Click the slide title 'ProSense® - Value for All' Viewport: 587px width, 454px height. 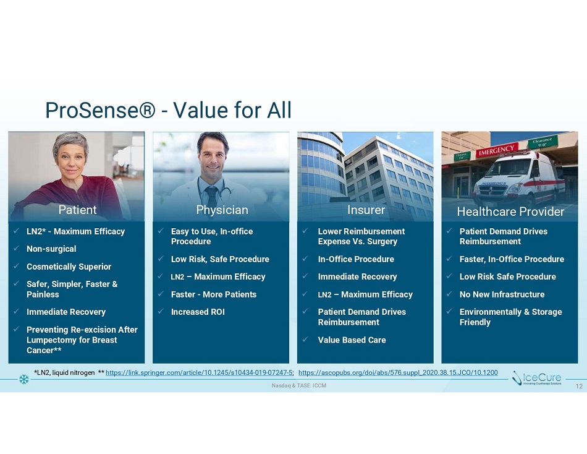[168, 110]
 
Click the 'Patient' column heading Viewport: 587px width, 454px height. [77, 210]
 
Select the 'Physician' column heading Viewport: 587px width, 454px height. [222, 210]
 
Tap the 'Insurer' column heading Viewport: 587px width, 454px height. [366, 210]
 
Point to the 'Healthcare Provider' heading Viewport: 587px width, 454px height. [510, 212]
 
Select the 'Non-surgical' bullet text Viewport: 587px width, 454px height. [51, 249]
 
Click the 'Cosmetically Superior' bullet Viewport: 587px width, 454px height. [69, 267]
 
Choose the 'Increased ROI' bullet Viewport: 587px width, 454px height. [198, 312]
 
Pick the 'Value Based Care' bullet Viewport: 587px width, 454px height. [352, 340]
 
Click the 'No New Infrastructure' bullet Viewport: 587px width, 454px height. [502, 294]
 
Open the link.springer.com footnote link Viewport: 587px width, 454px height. [199, 372]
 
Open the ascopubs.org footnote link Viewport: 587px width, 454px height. [398, 372]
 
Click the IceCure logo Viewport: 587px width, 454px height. [537, 379]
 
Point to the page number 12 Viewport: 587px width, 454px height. [579, 387]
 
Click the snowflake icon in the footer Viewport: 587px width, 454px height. [24, 379]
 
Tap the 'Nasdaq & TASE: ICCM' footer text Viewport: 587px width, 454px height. [298, 385]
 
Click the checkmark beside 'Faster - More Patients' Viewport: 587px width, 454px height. [161, 294]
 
